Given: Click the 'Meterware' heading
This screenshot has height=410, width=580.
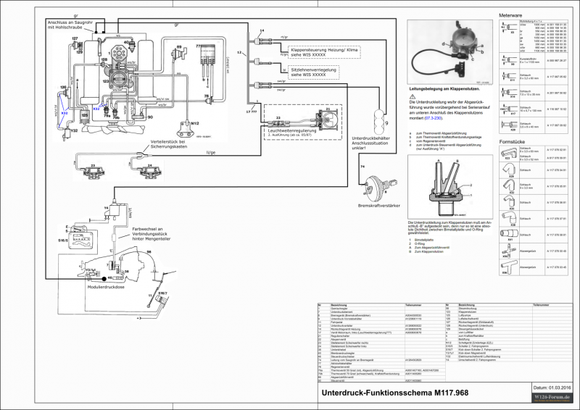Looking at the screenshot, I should point(511,15).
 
